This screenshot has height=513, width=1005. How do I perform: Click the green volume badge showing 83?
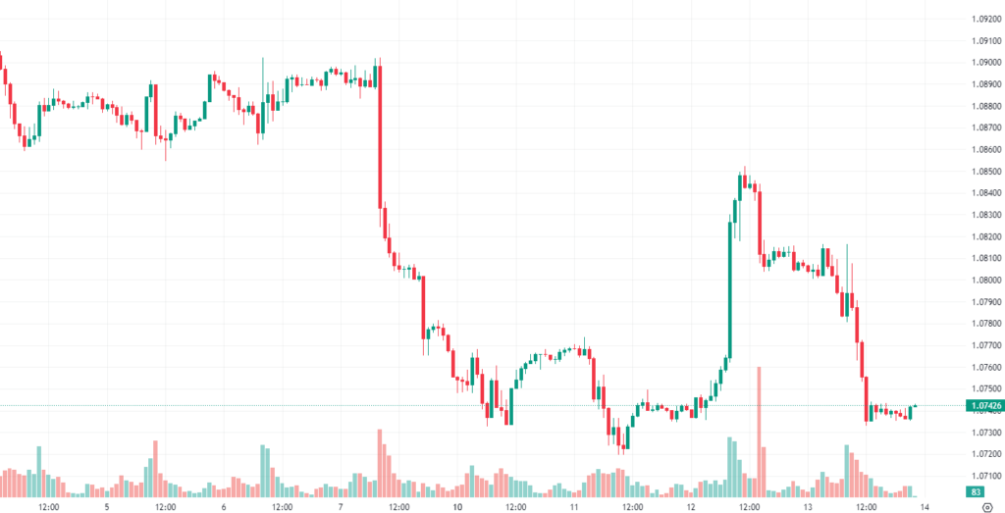coord(976,491)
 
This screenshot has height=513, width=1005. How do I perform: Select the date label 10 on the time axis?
coord(457,507)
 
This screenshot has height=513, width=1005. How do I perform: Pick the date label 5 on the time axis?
coord(107,507)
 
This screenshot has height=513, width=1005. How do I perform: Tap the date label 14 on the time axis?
coord(924,507)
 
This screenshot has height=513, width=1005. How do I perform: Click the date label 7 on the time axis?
coord(341,507)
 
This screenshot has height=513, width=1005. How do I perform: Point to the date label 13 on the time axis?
coord(808,507)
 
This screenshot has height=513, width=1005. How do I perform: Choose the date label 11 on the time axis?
coord(574,507)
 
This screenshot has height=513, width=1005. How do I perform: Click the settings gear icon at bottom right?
coord(986,507)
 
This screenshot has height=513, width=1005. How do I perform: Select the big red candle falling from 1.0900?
coord(379,137)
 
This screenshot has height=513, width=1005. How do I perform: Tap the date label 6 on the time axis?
coord(224,507)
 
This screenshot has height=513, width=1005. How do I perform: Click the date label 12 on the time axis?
coord(691,507)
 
